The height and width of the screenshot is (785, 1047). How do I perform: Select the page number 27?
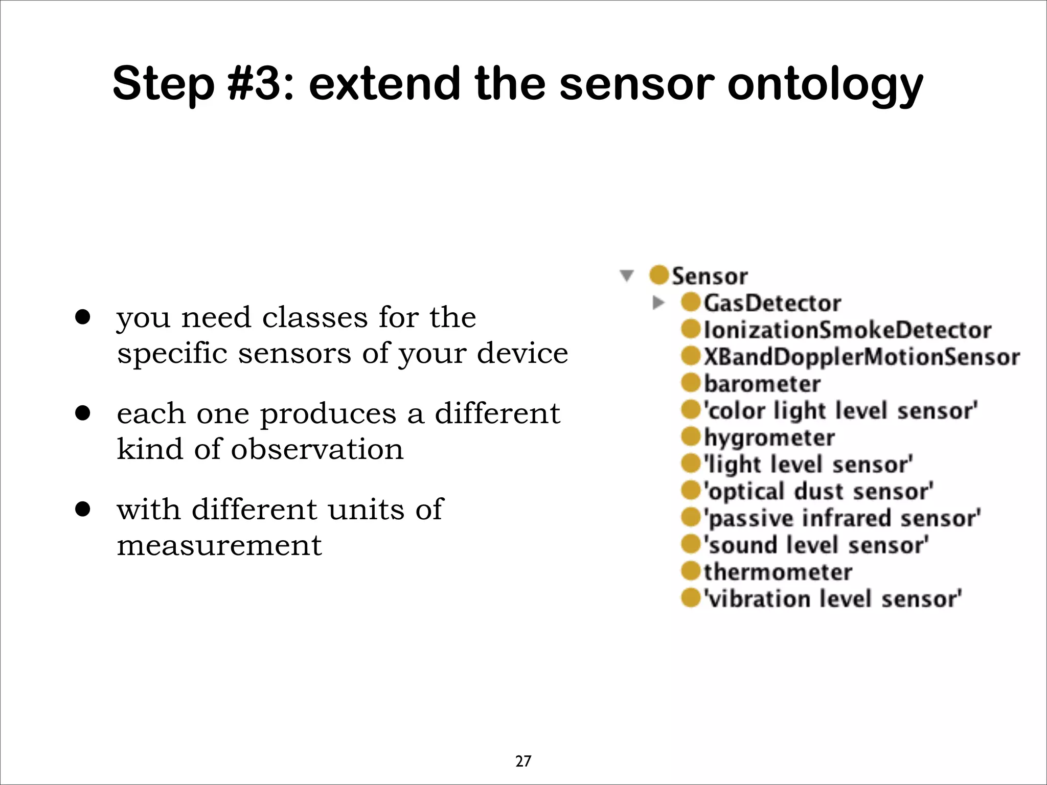coord(523,761)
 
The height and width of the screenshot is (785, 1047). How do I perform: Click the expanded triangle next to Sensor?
coord(627,276)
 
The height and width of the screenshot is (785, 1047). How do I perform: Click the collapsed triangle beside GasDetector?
coord(658,303)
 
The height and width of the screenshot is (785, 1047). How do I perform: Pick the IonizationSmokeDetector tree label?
coord(847,330)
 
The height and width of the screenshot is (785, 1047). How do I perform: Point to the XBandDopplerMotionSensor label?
coord(861,357)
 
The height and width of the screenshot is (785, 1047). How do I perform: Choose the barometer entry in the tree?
coord(762,384)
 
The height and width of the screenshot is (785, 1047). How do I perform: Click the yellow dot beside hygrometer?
coord(691,437)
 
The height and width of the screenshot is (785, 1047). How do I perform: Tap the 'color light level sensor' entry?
coord(840,410)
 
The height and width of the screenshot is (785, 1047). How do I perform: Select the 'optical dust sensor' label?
coord(818,491)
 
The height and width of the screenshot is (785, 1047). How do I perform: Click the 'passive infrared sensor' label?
coord(842,518)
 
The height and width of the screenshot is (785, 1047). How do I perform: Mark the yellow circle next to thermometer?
coord(691,571)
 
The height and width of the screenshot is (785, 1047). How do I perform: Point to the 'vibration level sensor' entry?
coord(832,598)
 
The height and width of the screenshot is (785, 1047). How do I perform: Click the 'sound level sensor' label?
coord(816,545)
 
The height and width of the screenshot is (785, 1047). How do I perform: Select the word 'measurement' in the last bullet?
coord(219,545)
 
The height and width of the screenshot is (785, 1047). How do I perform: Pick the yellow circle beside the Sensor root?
coord(659,275)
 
